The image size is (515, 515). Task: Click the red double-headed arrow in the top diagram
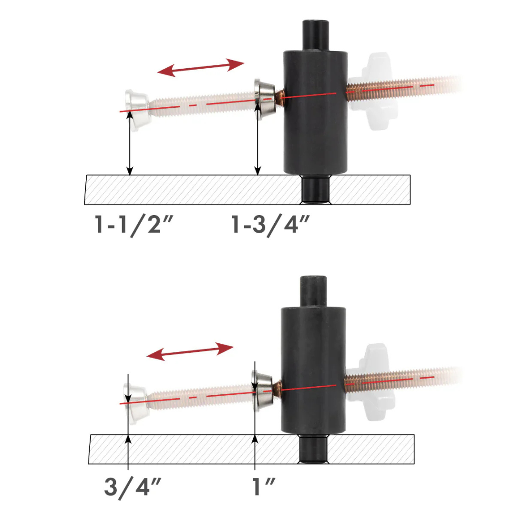click(x=201, y=68)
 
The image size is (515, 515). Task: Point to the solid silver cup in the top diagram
click(x=265, y=97)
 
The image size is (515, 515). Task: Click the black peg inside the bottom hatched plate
click(x=313, y=451)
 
